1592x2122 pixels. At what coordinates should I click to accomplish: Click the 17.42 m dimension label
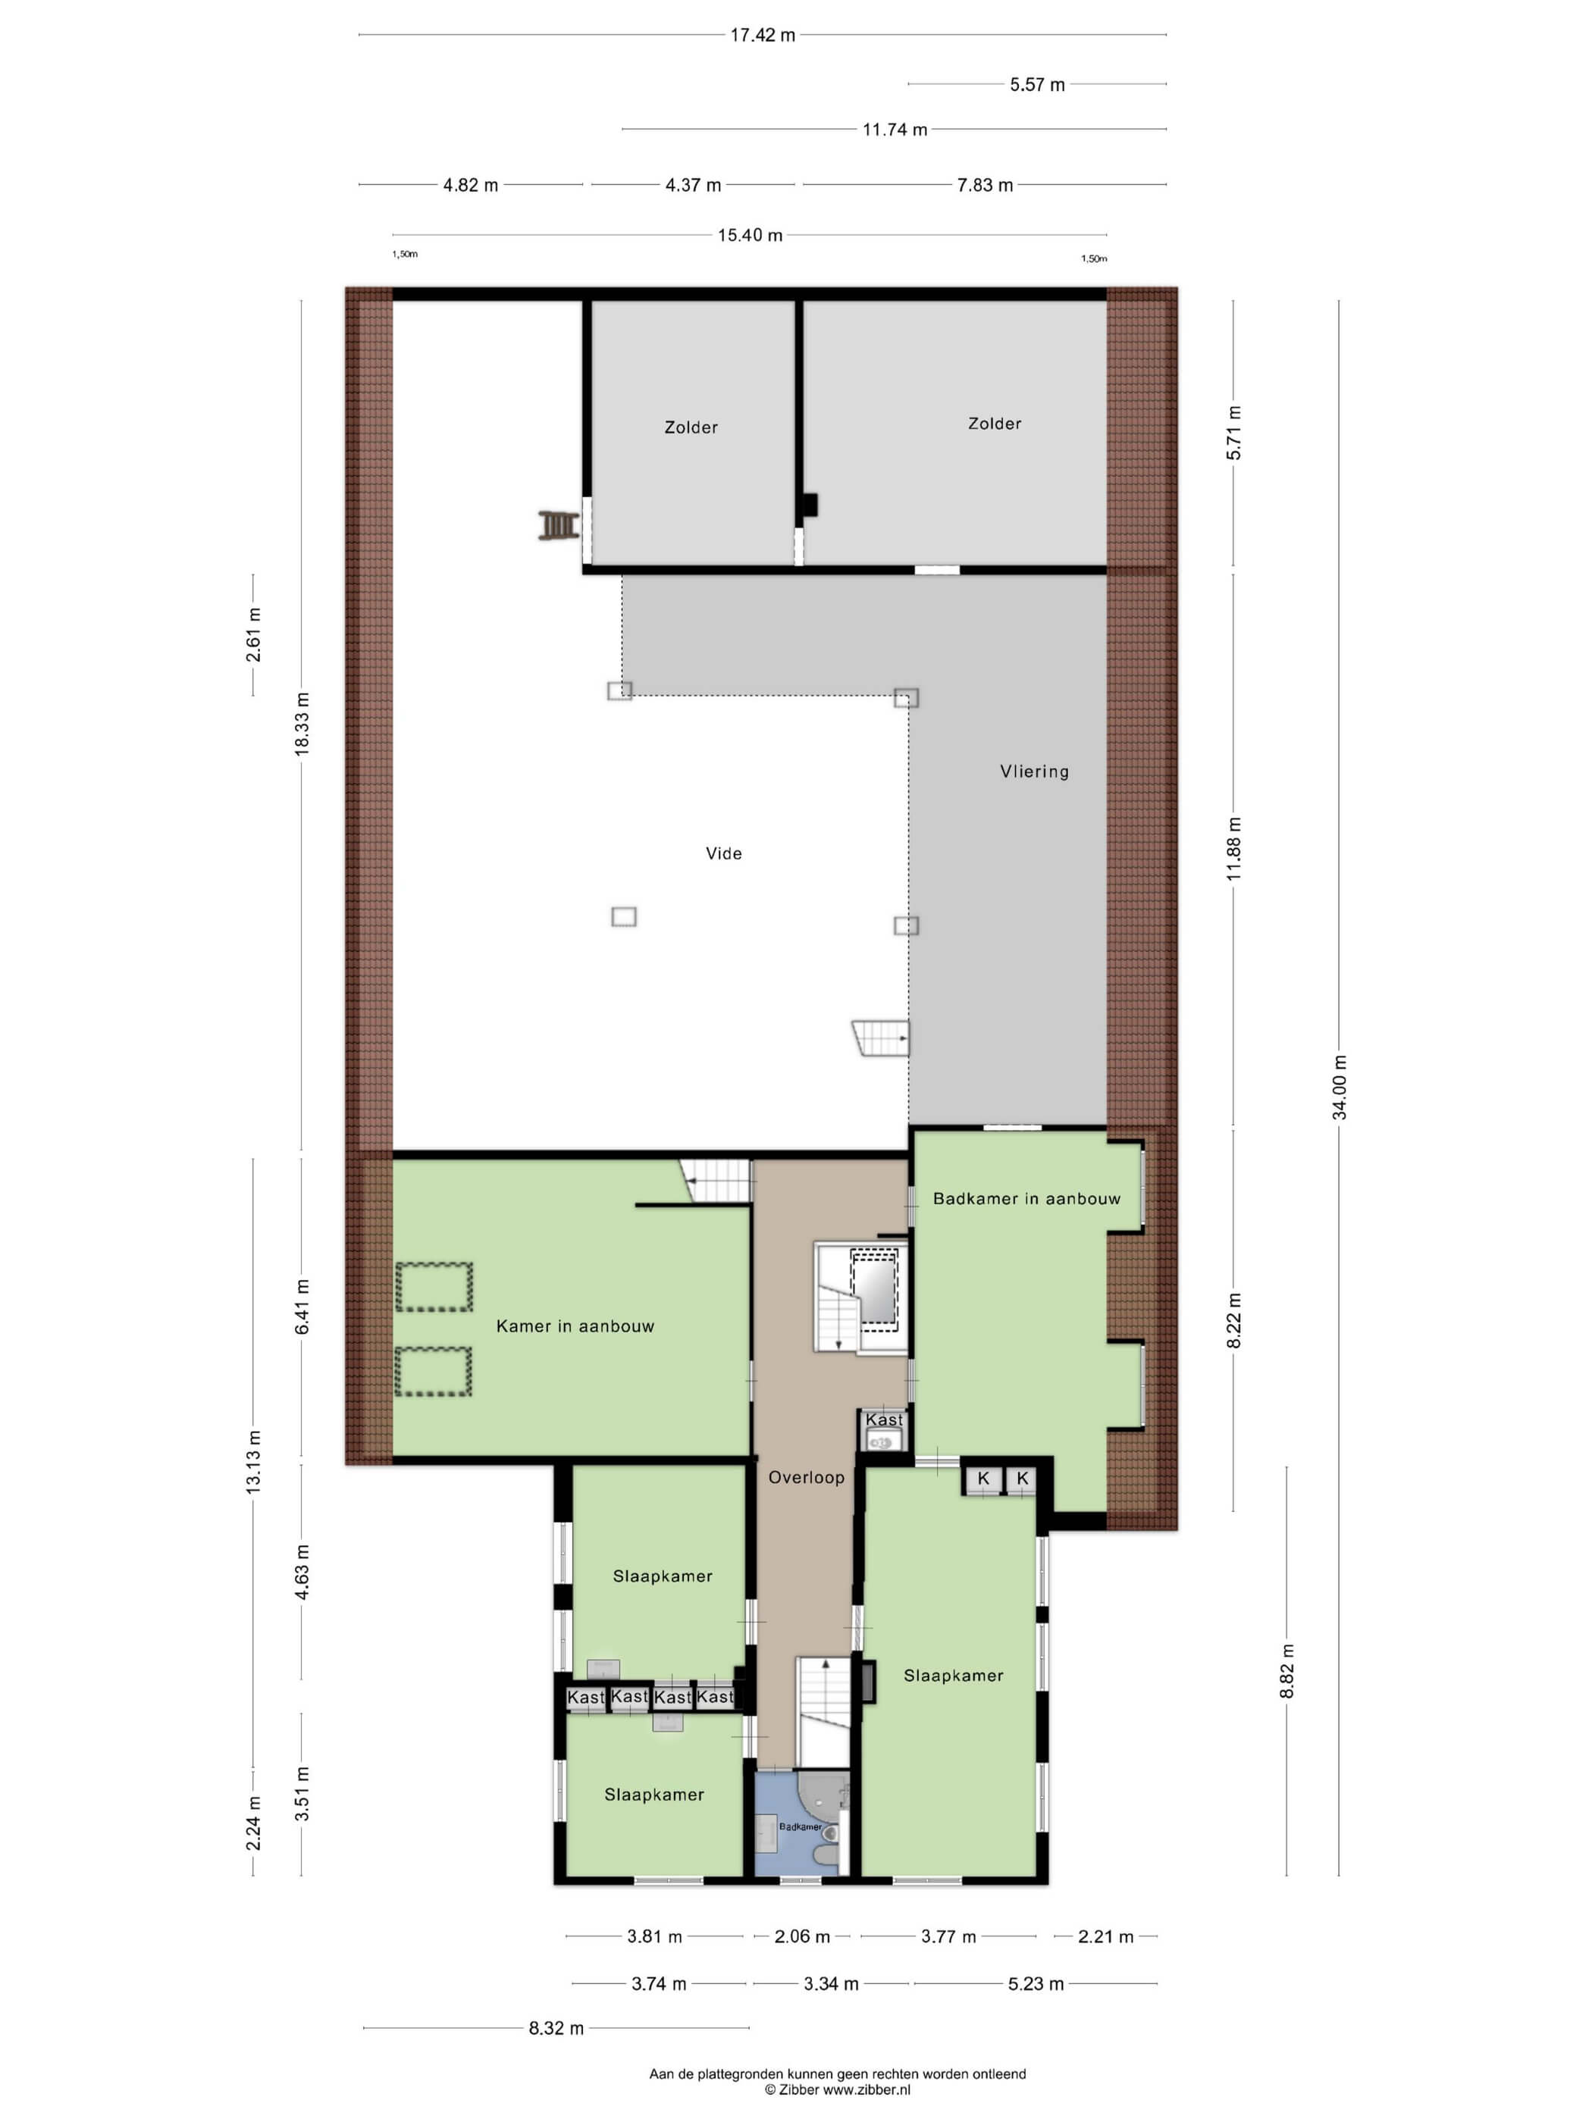point(762,36)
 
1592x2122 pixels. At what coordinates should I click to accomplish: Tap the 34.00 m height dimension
point(1340,1087)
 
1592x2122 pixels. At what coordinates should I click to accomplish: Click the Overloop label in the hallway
point(806,1477)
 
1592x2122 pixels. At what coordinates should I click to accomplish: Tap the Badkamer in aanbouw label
point(1026,1198)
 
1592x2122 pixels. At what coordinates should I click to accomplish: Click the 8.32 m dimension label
point(556,2028)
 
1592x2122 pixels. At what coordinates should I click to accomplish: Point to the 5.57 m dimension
point(1036,84)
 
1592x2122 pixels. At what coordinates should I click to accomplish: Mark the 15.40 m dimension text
point(750,235)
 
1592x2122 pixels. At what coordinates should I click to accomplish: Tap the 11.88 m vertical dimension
point(1234,849)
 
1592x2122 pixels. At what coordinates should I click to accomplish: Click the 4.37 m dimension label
point(693,185)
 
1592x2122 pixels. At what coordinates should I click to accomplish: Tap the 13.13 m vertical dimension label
point(253,1461)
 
